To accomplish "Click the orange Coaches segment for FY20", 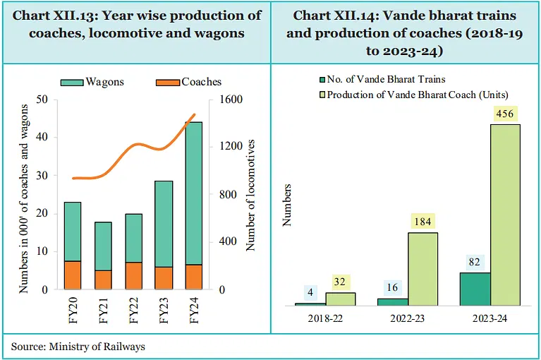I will point(73,275).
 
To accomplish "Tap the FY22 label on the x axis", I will point(134,310).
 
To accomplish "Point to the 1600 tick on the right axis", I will point(231,100).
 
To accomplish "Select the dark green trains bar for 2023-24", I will point(475,289).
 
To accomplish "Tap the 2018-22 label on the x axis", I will point(325,319).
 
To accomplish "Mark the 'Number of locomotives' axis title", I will point(250,195).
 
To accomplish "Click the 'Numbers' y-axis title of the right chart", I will point(287,205).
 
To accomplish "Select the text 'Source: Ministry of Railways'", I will point(78,347).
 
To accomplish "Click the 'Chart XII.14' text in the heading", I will point(335,16).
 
